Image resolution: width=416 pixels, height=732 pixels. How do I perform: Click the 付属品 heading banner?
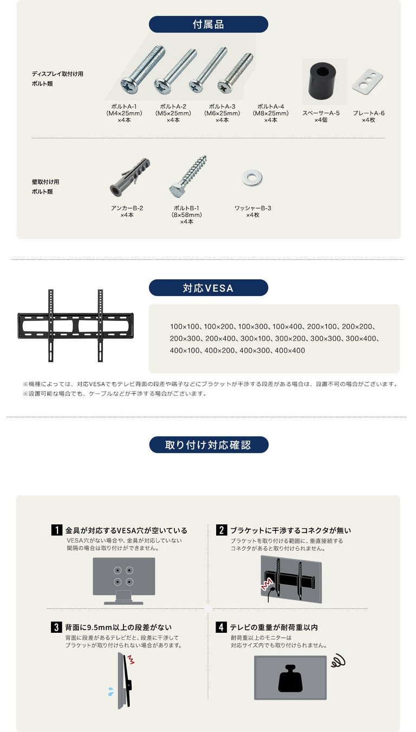[209, 24]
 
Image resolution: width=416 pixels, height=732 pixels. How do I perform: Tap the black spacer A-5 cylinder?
[323, 81]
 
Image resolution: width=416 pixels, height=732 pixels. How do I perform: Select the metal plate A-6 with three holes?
[368, 80]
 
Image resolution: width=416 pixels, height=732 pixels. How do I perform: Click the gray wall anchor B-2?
[129, 177]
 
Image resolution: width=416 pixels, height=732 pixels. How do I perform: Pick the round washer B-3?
[252, 178]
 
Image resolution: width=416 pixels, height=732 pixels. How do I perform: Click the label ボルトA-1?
[123, 106]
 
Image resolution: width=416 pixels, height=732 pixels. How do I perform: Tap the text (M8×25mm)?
[271, 113]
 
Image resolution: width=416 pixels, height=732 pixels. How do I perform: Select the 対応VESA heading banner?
[209, 288]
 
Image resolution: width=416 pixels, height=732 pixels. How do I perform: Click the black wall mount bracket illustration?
[75, 325]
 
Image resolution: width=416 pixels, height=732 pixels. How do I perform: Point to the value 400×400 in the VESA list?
[290, 350]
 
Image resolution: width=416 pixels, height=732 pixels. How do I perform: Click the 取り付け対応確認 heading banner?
[209, 445]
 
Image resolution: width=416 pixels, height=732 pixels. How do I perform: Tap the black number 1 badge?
[57, 530]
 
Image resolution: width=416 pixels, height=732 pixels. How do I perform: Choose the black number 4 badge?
[221, 627]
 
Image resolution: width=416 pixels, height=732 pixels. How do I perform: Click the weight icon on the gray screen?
[291, 679]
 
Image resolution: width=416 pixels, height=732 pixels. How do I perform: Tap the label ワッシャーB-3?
[253, 208]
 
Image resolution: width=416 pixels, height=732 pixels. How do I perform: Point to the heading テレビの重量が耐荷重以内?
[274, 627]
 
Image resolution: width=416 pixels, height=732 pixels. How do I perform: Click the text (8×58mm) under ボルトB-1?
[186, 215]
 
